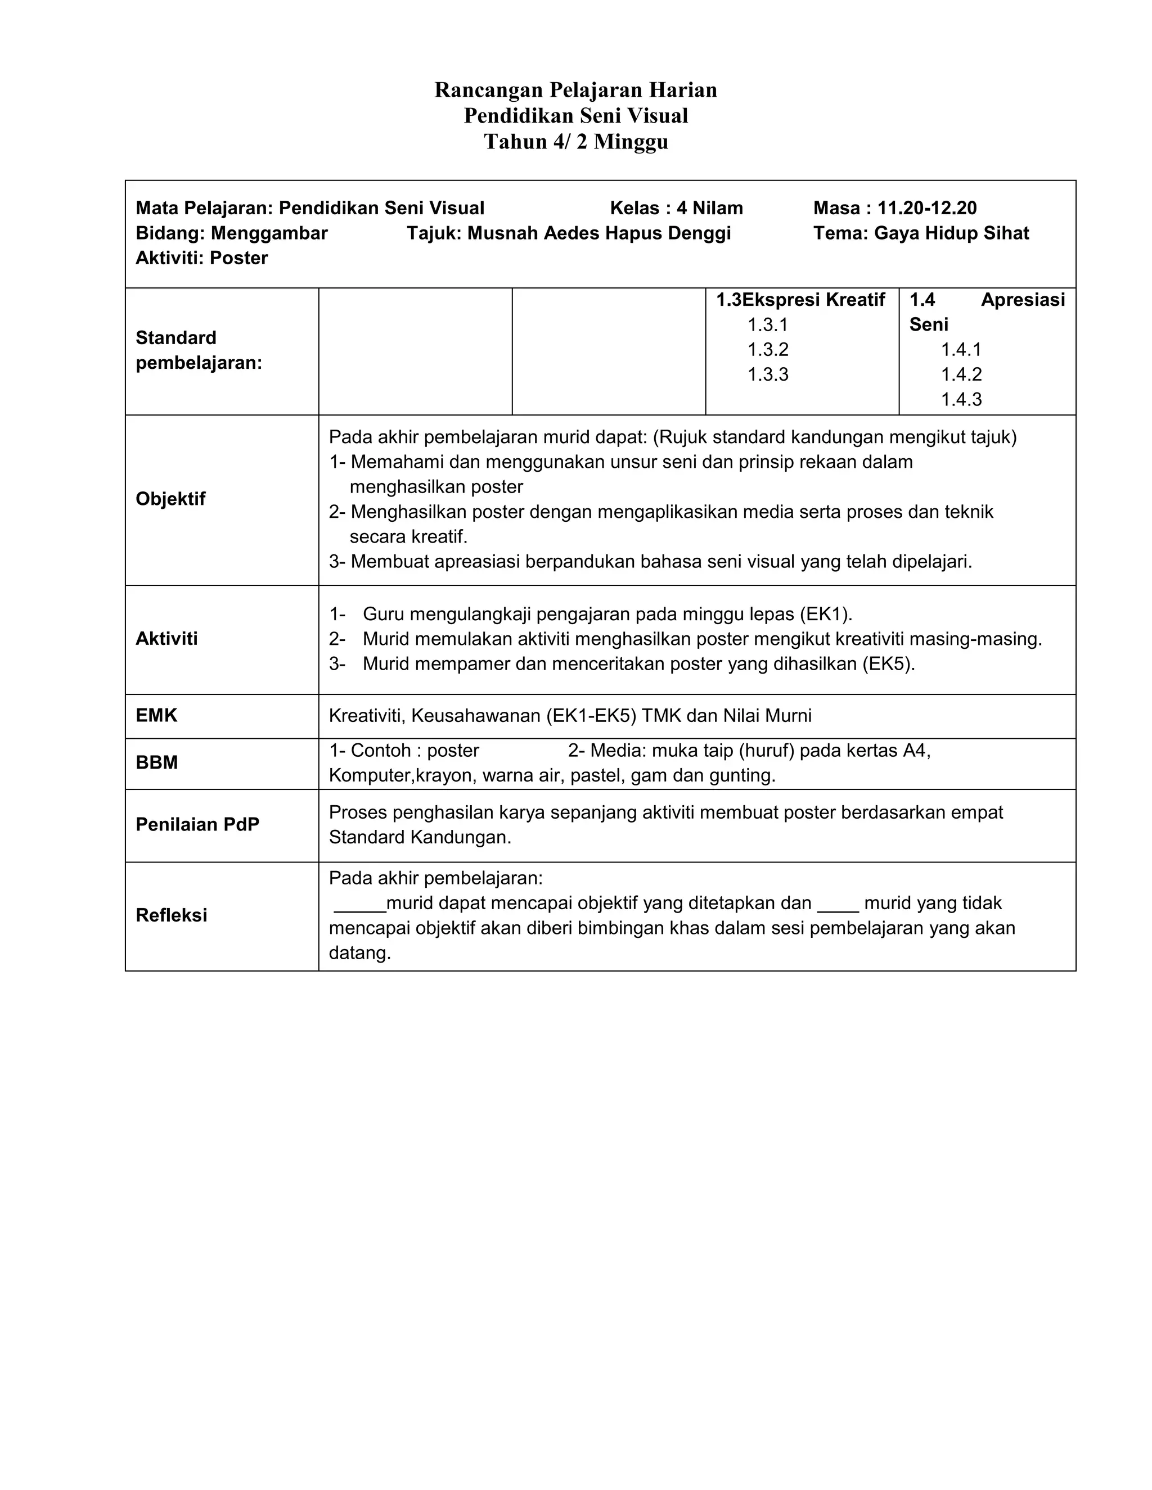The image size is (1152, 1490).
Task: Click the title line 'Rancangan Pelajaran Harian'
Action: [575, 90]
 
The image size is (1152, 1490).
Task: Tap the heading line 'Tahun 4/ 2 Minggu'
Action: [575, 142]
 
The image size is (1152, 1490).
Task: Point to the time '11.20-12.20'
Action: [927, 208]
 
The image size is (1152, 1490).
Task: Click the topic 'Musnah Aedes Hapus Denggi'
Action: [598, 233]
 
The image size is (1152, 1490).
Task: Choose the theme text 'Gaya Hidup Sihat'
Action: [951, 233]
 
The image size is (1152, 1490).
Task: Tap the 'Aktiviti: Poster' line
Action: [201, 258]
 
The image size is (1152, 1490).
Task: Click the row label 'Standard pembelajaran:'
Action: [199, 350]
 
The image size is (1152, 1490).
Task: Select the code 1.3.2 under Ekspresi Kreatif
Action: [768, 349]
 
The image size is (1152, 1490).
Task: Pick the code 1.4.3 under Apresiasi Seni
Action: [961, 399]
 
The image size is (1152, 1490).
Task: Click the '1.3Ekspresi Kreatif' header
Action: [800, 300]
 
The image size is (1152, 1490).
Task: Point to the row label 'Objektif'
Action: [170, 499]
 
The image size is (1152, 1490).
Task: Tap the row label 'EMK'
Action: [156, 715]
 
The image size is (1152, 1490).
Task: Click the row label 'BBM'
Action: [156, 763]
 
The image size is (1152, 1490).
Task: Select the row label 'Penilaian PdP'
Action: [197, 824]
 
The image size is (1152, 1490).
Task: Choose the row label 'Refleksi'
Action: [172, 915]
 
